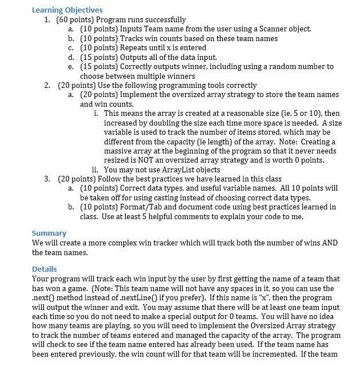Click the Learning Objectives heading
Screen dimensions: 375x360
click(x=67, y=10)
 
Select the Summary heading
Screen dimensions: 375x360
click(x=49, y=233)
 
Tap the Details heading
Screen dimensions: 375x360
click(x=45, y=269)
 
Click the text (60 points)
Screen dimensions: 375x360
click(x=71, y=19)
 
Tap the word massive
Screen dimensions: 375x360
click(x=117, y=151)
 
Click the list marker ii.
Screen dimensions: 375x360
click(x=95, y=169)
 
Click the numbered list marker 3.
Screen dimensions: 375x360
click(x=47, y=178)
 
